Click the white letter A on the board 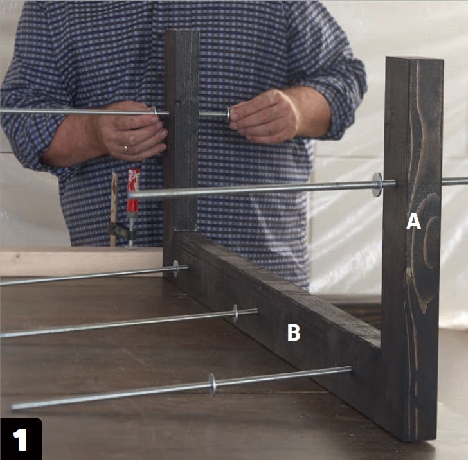[x=413, y=222]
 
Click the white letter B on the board [x=294, y=332]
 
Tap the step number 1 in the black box [x=21, y=439]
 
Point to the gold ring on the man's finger [x=126, y=149]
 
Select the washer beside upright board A [x=377, y=184]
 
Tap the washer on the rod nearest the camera [x=212, y=385]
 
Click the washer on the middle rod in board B [x=235, y=314]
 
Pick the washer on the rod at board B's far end [x=175, y=268]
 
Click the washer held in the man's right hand [x=228, y=114]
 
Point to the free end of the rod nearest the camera [x=14, y=406]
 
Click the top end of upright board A [x=414, y=58]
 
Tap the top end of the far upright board [x=181, y=31]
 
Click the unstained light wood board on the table [x=81, y=261]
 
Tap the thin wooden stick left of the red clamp [x=114, y=209]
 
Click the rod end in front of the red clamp [x=130, y=195]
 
